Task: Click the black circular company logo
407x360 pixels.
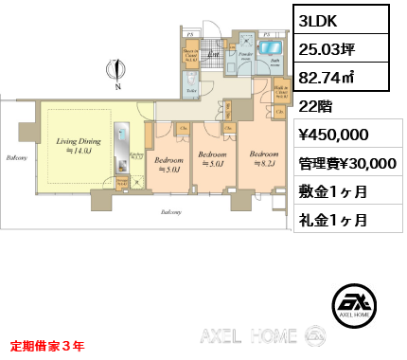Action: (358, 304)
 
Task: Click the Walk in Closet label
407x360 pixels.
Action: (281, 92)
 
